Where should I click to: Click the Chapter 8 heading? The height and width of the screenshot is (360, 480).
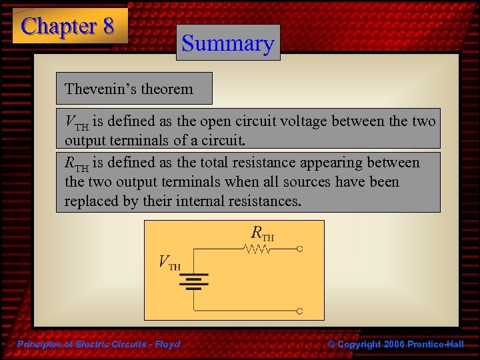68,26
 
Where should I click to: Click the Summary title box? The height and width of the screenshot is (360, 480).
228,43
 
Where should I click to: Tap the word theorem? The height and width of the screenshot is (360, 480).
170,89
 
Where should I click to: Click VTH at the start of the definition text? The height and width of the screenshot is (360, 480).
76,122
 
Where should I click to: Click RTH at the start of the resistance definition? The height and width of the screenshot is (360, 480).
76,163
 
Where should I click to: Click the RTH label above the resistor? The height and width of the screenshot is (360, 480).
262,233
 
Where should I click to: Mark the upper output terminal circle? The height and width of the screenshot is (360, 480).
300,249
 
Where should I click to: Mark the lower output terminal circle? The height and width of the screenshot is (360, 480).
300,311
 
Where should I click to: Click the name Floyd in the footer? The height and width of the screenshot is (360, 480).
167,344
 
